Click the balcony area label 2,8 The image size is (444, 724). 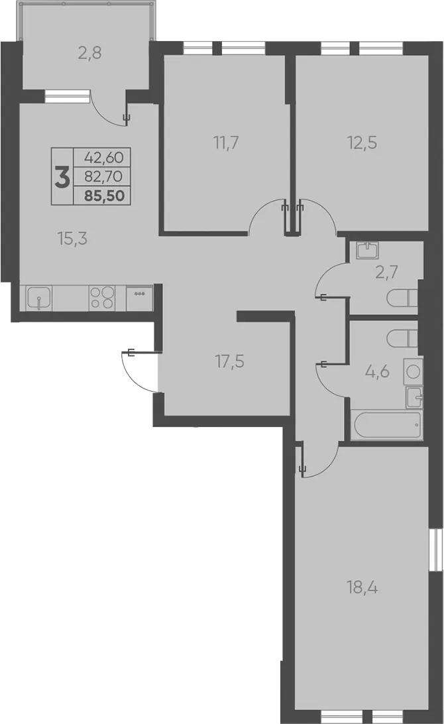click(x=89, y=54)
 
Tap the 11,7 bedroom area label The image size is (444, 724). click(x=226, y=143)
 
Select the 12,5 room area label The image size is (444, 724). click(x=362, y=143)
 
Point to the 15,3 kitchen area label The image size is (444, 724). click(x=72, y=238)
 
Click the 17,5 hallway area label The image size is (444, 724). click(x=229, y=361)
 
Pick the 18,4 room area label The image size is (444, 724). click(x=362, y=588)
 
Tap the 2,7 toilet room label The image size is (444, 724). click(x=387, y=272)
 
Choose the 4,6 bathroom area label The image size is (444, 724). click(x=378, y=371)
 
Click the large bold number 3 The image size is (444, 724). click(x=62, y=176)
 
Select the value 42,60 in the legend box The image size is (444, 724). click(x=104, y=157)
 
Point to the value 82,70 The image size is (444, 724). click(x=103, y=176)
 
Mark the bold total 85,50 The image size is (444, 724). click(x=104, y=196)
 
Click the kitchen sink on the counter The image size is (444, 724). click(x=39, y=298)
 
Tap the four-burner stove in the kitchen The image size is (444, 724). click(x=102, y=297)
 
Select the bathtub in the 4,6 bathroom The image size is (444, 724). click(x=387, y=425)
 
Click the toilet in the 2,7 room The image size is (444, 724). click(x=402, y=299)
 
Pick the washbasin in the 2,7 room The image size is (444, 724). click(x=368, y=250)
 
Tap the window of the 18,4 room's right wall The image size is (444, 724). click(x=433, y=550)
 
